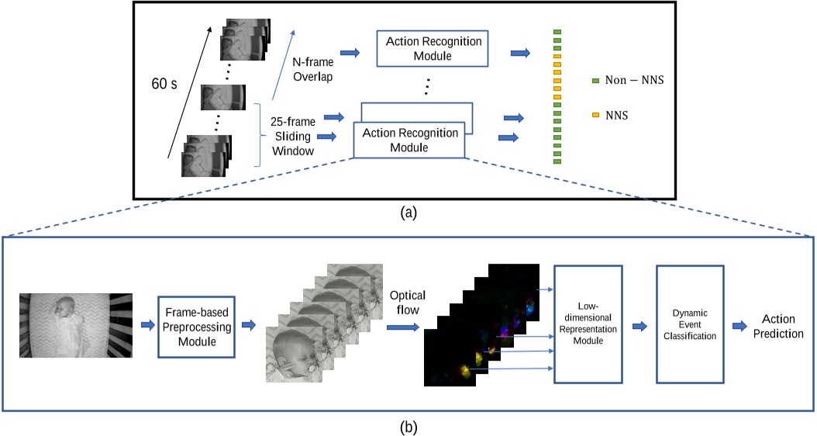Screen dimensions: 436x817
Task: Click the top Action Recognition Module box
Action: click(x=429, y=48)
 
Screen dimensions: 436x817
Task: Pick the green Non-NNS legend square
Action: click(x=595, y=81)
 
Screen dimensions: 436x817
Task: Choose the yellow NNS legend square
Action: click(x=595, y=115)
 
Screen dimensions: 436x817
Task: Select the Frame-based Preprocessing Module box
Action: click(x=195, y=325)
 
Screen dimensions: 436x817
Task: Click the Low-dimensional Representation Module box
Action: click(x=590, y=324)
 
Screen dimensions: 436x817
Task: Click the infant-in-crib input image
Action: click(x=75, y=325)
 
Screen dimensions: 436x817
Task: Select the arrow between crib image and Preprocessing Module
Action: click(x=146, y=326)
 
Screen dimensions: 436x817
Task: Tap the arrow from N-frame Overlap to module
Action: click(x=350, y=53)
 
